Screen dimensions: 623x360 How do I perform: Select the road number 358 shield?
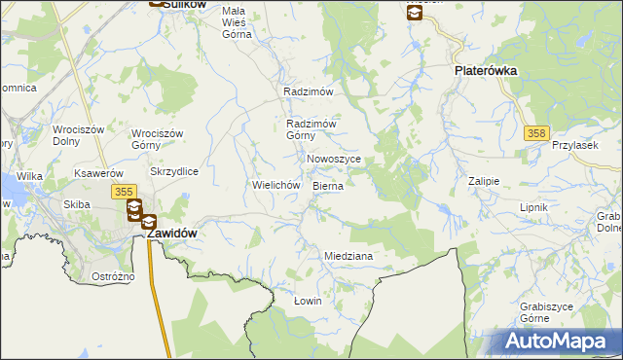point(534,132)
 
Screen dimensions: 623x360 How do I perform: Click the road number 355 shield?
point(124,194)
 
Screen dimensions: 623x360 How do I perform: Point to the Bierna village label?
point(328,185)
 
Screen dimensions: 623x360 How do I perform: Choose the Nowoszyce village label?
point(334,159)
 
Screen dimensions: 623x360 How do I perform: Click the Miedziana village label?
point(348,256)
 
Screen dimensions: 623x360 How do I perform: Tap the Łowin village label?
point(308,301)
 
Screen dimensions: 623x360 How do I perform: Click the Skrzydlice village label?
point(174,171)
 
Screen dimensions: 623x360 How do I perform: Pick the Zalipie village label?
point(483,181)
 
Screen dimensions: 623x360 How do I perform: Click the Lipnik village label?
point(534,208)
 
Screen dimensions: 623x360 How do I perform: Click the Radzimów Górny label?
point(311,129)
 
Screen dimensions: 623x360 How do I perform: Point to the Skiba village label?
point(77,204)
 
